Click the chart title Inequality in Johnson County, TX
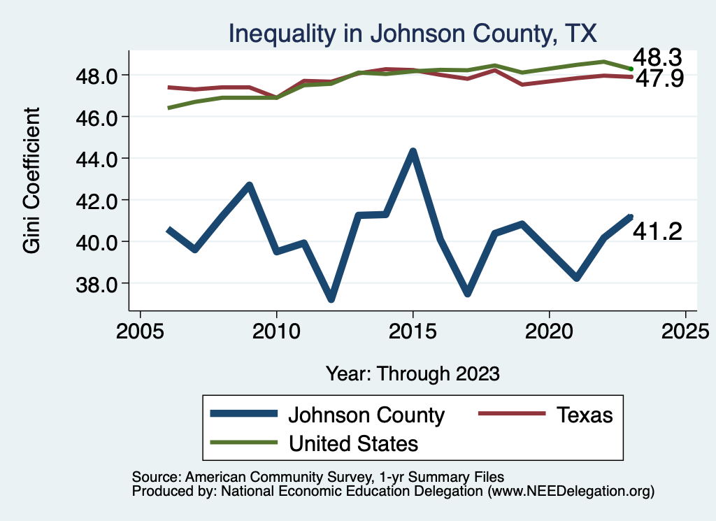(412, 33)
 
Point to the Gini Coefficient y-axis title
(31, 180)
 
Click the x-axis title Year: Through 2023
(413, 373)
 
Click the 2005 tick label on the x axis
(141, 330)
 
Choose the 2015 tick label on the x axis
(413, 330)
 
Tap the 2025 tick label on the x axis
(685, 330)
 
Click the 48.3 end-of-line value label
(657, 58)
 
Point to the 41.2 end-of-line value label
(657, 231)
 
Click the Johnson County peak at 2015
(413, 152)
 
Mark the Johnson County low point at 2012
(331, 299)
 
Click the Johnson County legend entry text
(366, 415)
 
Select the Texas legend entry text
(585, 415)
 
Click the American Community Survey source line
(317, 476)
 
